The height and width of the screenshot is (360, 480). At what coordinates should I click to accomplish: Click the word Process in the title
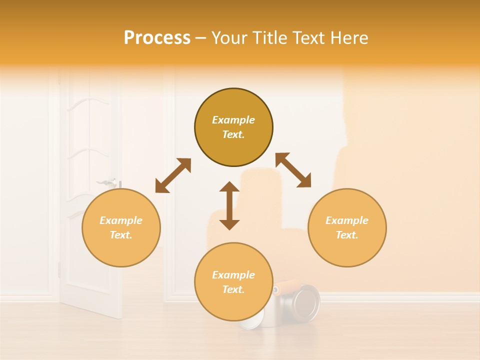[x=157, y=38]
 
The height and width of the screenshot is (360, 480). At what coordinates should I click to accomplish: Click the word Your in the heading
[x=230, y=38]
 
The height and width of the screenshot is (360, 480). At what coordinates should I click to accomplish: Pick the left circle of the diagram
[x=121, y=227]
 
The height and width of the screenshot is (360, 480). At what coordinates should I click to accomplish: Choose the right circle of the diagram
[x=347, y=227]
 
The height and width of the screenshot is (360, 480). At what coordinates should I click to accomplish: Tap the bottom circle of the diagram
[x=233, y=282]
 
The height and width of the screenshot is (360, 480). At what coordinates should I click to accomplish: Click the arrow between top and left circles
[x=173, y=175]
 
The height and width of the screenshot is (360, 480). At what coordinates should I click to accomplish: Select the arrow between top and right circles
[x=293, y=170]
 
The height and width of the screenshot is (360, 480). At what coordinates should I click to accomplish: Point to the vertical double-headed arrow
[x=229, y=205]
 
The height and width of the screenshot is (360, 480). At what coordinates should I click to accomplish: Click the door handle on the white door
[x=108, y=181]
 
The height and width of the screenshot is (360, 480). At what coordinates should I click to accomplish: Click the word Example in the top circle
[x=233, y=120]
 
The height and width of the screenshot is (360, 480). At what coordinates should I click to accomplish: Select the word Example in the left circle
[x=121, y=220]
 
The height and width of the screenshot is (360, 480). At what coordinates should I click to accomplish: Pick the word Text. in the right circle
[x=347, y=235]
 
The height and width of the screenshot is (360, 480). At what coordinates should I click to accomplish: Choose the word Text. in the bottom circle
[x=233, y=289]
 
